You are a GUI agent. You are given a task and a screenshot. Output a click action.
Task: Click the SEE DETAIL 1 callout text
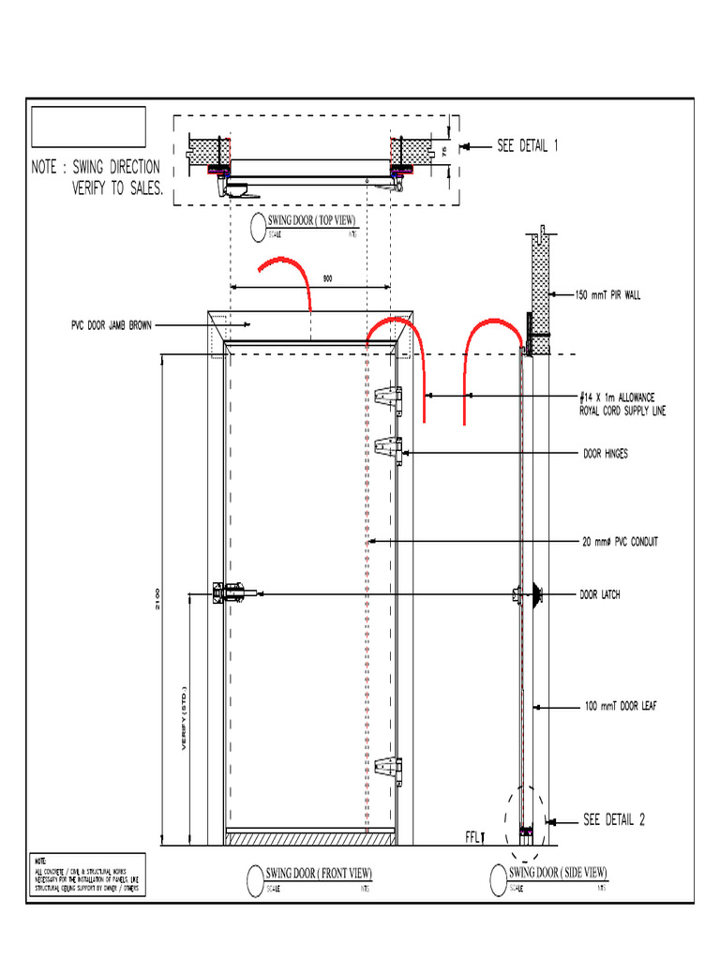(528, 146)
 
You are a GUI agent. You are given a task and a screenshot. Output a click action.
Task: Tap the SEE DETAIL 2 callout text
(614, 820)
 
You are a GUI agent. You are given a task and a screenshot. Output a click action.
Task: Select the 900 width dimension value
(326, 278)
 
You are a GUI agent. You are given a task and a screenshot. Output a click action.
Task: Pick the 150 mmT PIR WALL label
(607, 294)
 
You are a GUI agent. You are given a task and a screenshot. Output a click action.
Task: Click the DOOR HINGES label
(606, 454)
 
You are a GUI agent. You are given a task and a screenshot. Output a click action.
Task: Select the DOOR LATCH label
(601, 594)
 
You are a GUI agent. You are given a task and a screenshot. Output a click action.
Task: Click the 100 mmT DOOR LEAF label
(619, 706)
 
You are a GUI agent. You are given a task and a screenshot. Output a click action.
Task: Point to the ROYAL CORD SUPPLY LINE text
(622, 411)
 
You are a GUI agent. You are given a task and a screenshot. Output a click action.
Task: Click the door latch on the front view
(234, 592)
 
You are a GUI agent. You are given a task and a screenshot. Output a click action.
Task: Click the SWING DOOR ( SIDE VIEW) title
(558, 872)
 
